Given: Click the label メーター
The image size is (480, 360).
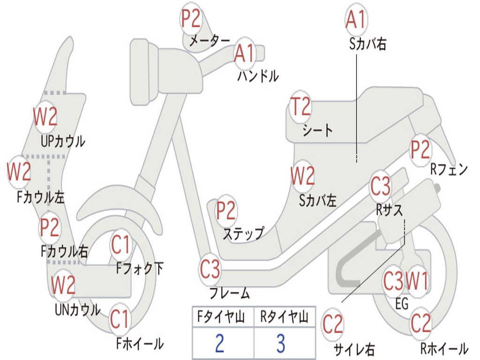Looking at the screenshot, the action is point(210,41).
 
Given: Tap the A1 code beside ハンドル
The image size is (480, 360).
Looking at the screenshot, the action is point(244,53).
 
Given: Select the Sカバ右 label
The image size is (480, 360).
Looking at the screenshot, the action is point(367,44).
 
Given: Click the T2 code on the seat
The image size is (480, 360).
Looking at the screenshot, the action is point(300,107).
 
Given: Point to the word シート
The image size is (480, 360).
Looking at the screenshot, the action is point(318,130).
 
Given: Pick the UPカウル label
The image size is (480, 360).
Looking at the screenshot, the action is point(63,141).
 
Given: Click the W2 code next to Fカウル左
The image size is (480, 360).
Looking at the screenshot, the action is point(19,172).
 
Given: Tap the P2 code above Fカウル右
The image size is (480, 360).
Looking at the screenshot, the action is point(49,227).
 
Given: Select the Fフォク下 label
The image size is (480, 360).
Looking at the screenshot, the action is point(140,269).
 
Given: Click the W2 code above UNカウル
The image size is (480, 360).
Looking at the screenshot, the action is point(63,284).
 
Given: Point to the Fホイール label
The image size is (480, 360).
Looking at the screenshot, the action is point(140,344).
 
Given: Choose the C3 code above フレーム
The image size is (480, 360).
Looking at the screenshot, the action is point(210,269).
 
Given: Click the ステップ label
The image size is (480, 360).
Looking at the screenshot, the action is point(243,233).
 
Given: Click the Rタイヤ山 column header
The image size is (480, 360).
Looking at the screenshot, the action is point(284,318).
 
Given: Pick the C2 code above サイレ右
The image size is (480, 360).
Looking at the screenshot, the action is point(332,324).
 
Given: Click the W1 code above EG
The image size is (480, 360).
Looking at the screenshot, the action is point(417,281).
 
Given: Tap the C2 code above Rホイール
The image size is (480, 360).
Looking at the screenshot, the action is point(420,322).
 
